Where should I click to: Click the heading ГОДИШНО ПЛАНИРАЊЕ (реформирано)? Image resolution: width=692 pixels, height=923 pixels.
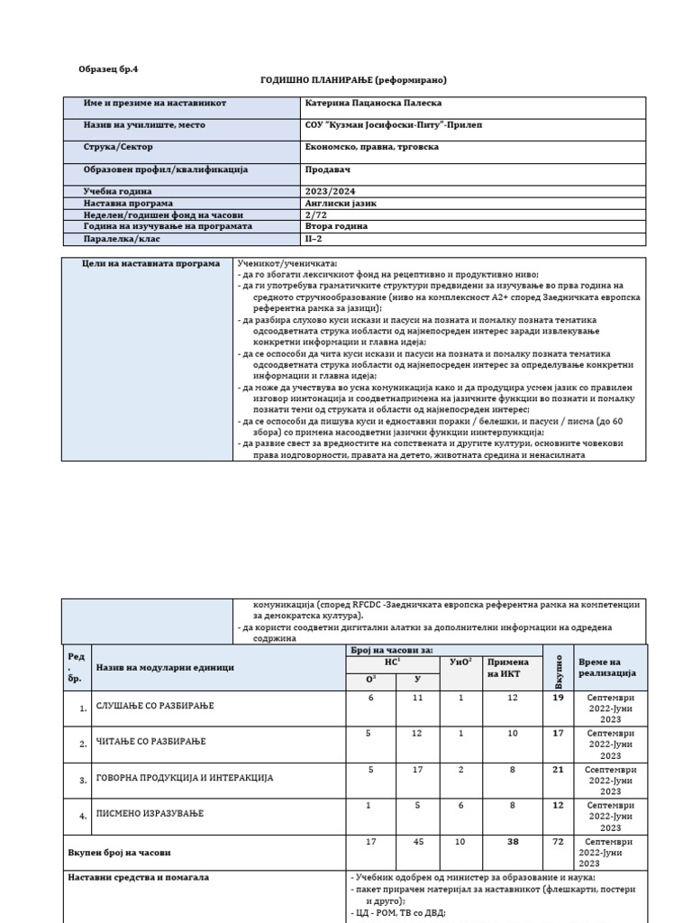353,80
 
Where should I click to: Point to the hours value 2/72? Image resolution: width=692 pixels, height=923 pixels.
316,215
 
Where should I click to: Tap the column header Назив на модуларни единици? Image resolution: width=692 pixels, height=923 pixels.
165,667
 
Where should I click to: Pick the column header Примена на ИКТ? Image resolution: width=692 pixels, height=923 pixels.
508,668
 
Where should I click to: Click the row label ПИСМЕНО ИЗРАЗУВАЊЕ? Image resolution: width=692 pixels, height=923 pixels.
150,814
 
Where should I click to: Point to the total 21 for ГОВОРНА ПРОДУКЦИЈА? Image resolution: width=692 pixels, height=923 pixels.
557,771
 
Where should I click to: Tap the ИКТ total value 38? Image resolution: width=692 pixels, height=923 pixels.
512,843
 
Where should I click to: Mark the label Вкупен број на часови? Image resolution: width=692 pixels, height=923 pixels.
119,852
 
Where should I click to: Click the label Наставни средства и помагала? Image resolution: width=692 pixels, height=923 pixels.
139,876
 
